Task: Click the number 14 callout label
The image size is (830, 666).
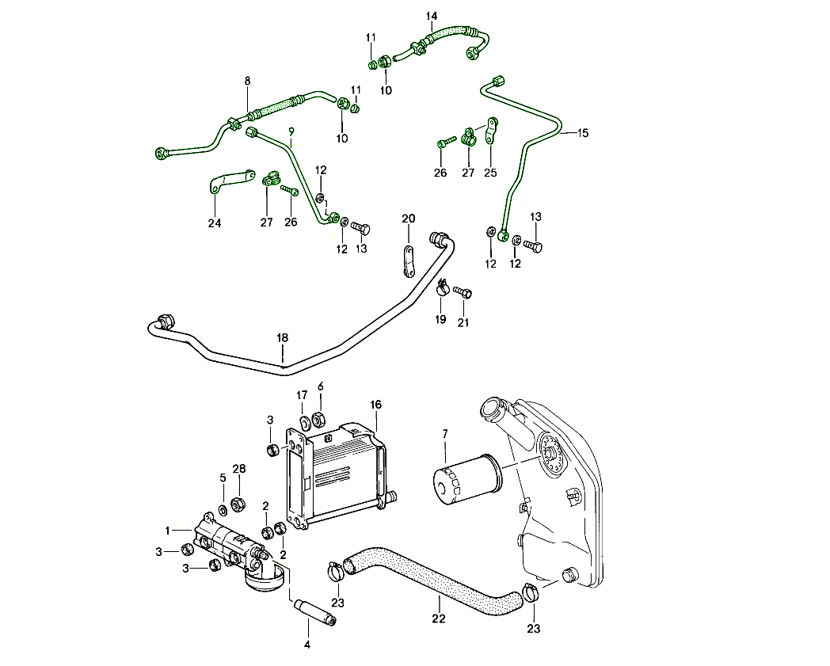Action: point(432,16)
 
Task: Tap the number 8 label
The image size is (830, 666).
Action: point(247,81)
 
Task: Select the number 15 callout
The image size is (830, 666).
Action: point(583,133)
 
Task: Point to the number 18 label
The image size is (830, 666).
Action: point(283,338)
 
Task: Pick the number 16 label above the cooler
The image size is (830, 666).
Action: point(375,405)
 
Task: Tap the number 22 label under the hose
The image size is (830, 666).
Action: point(439,618)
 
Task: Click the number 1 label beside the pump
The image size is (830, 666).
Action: point(168,530)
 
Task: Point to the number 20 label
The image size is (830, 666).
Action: point(408,219)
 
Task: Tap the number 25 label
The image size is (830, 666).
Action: point(491,173)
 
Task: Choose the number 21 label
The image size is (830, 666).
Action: point(463,322)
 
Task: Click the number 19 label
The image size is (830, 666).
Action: point(440,319)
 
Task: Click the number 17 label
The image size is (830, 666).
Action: point(302,395)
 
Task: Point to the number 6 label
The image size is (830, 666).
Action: point(321,386)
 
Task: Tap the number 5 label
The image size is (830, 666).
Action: point(223,478)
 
